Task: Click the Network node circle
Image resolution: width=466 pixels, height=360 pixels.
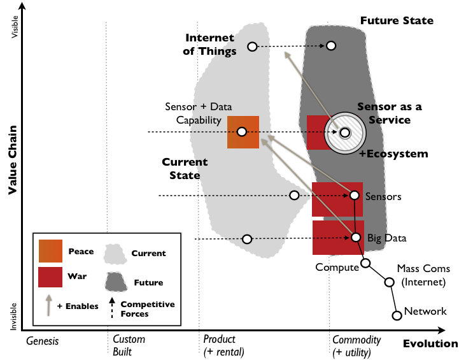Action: pos(397,315)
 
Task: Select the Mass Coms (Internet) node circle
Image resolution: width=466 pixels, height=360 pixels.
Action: pos(389,281)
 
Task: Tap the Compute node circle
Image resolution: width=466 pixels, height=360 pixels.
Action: pos(365,263)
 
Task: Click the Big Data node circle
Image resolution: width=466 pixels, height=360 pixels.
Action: pos(356,237)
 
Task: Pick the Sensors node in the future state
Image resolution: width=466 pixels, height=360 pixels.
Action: pos(356,194)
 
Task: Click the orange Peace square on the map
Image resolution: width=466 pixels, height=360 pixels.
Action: pos(243,132)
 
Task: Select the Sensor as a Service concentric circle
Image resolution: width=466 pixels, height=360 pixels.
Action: pos(344,133)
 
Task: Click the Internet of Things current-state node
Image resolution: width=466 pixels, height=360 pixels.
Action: pos(252,47)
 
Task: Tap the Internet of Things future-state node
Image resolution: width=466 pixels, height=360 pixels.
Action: pos(332,46)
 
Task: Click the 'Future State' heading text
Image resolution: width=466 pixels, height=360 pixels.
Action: pos(397,21)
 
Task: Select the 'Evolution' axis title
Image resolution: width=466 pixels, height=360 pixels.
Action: pos(430,344)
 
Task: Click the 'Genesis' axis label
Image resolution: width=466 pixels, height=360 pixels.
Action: pos(42,340)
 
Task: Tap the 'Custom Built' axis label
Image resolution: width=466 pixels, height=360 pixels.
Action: pos(129,346)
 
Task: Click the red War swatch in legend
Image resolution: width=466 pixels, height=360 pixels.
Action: pos(50,277)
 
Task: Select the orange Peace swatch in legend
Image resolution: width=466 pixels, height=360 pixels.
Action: pos(50,251)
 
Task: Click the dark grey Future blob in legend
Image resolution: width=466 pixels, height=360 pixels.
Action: pos(115,280)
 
